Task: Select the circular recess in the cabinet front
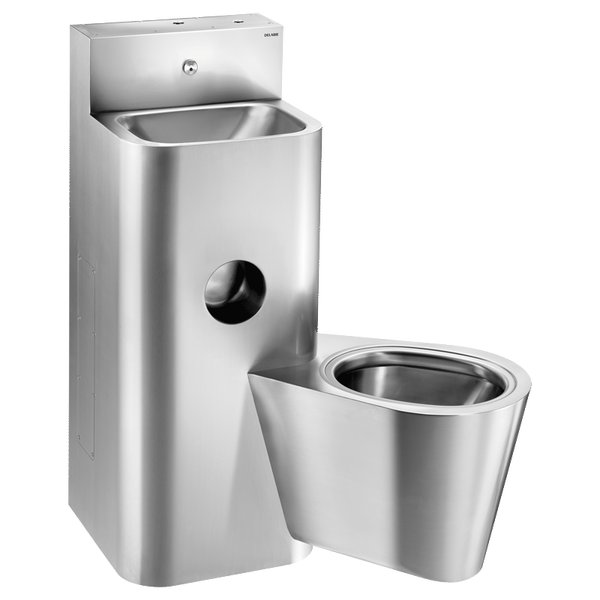pyautogui.click(x=234, y=289)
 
